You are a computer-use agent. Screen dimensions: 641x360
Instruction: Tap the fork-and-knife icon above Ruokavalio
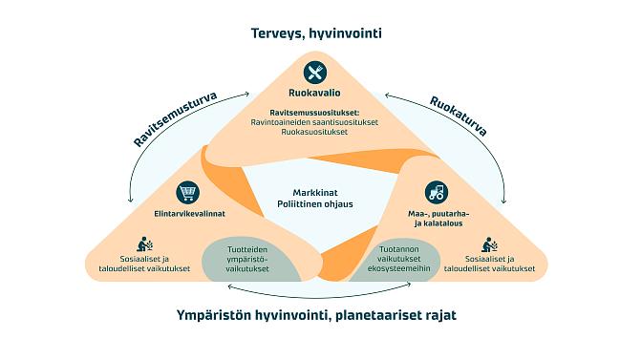click(x=316, y=73)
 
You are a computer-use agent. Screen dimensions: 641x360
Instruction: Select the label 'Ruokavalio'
click(x=316, y=95)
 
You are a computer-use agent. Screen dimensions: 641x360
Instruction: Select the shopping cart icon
click(x=189, y=192)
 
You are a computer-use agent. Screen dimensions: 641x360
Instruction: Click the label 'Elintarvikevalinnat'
click(x=188, y=213)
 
